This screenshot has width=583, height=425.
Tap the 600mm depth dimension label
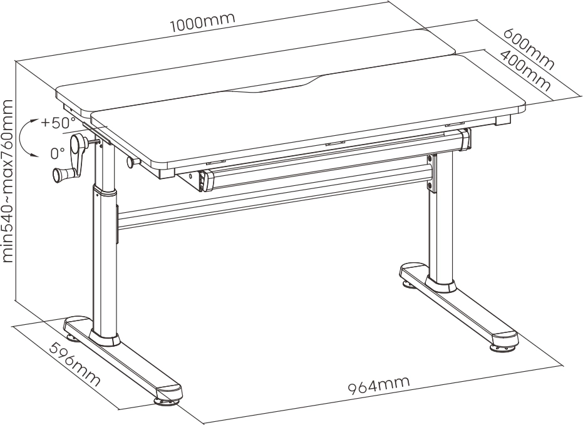point(529,49)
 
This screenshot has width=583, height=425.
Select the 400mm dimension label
point(525,71)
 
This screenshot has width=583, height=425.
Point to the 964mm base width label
point(379,385)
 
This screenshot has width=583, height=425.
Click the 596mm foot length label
point(75,364)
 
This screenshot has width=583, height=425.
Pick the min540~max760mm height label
point(8,180)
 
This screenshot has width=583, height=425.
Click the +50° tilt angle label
point(58,122)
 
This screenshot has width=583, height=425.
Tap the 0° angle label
point(58,153)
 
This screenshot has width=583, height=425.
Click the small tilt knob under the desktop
point(132,162)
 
